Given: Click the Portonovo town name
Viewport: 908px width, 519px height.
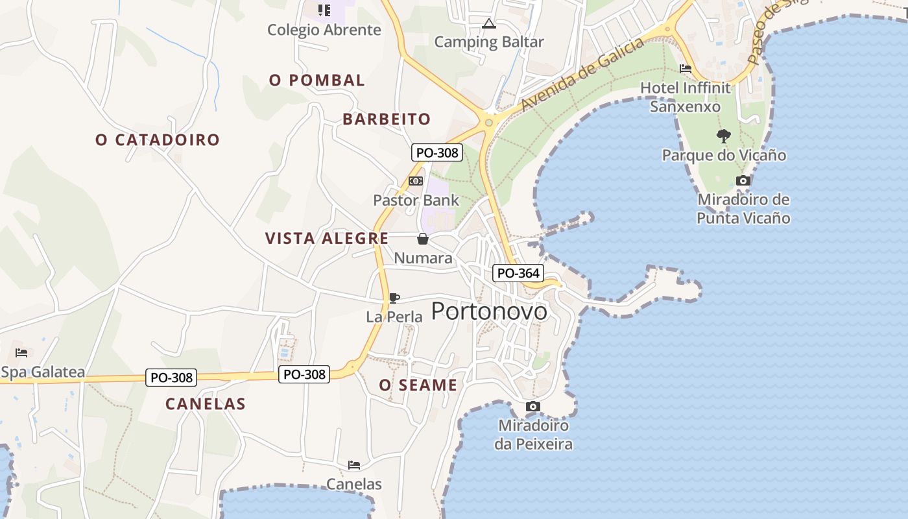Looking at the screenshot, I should pyautogui.click(x=489, y=311).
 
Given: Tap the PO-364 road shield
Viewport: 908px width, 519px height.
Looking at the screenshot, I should pyautogui.click(x=518, y=273).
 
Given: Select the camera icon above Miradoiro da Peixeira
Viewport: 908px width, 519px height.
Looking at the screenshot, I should pyautogui.click(x=532, y=407).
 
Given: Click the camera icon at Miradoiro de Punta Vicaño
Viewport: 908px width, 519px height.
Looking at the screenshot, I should pyautogui.click(x=743, y=181).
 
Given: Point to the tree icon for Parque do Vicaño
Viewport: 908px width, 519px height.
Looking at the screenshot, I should pyautogui.click(x=723, y=136).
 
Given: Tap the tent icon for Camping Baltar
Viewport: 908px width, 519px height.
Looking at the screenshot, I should pyautogui.click(x=488, y=24).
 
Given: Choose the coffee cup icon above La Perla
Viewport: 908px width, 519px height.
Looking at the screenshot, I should pyautogui.click(x=394, y=298).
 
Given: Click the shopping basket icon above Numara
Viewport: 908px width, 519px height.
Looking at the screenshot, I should pyautogui.click(x=423, y=239).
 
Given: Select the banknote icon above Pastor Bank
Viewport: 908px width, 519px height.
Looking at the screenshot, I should pyautogui.click(x=416, y=181).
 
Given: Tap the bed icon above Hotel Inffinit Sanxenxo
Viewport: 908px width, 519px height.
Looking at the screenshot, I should pyautogui.click(x=685, y=69).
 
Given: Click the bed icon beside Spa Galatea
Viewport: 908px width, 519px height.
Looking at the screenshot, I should pyautogui.click(x=21, y=353).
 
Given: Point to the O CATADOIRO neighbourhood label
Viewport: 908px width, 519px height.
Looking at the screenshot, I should pyautogui.click(x=158, y=139).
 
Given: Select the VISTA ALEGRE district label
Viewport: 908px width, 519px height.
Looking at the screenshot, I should pyautogui.click(x=327, y=238).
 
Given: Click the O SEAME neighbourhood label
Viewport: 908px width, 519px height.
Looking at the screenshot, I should pyautogui.click(x=418, y=385).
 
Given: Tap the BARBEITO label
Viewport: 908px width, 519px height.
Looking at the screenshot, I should pyautogui.click(x=387, y=119).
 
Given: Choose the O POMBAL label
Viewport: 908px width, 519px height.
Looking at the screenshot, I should pyautogui.click(x=317, y=80).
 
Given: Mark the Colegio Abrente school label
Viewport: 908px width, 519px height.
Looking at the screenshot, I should pyautogui.click(x=324, y=30).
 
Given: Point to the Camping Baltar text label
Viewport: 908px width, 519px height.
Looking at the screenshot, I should pyautogui.click(x=489, y=42).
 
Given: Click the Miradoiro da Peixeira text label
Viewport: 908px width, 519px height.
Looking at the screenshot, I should pyautogui.click(x=533, y=435).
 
